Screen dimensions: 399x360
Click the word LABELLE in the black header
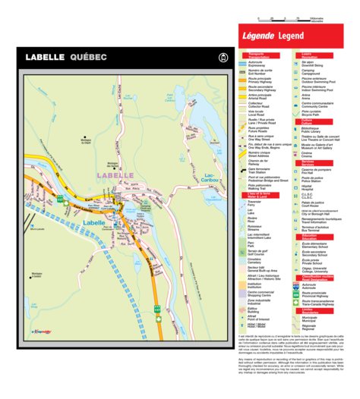[x=46, y=58]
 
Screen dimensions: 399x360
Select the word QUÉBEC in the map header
[x=88, y=58]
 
